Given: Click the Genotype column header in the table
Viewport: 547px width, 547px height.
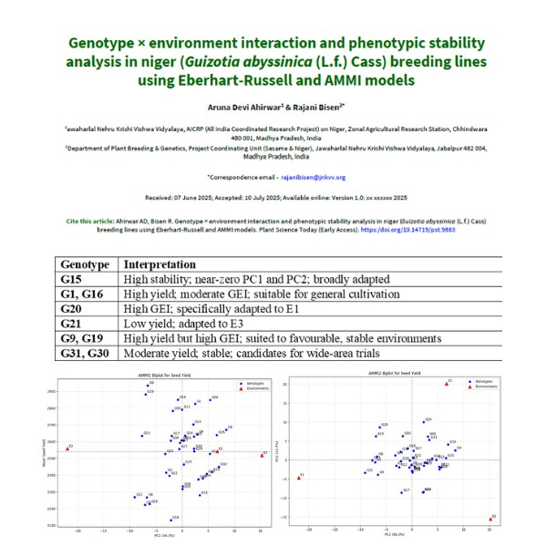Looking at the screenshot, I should [x=84, y=264].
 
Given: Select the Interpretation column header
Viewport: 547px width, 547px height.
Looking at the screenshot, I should [x=163, y=264].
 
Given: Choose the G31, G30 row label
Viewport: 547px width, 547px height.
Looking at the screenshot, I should [x=86, y=353].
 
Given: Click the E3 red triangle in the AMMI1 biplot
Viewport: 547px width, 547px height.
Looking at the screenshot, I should [x=67, y=449].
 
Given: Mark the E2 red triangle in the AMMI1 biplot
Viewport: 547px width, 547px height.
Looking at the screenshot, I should [x=263, y=453].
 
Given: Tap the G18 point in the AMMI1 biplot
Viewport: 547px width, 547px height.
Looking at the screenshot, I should [x=173, y=520].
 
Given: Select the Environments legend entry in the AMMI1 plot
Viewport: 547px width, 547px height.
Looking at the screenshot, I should [x=249, y=387].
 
